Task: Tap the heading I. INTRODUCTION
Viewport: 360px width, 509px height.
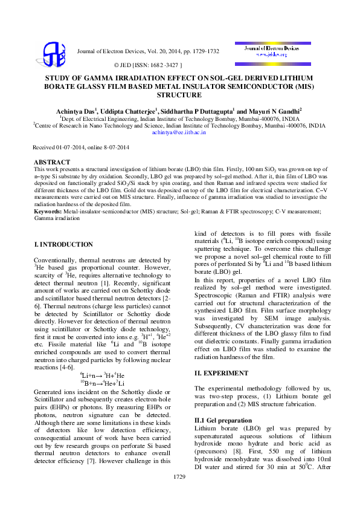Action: tap(63, 244)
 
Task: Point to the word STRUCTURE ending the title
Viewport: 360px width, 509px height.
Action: tap(179, 95)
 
